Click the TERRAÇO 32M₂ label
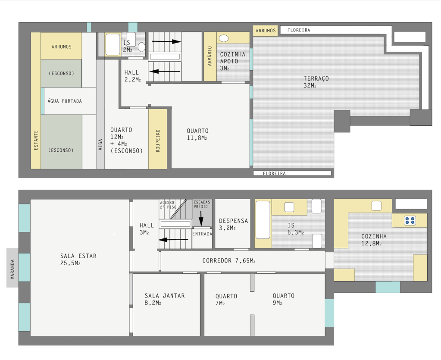pos(316,82)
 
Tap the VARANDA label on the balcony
pos(13,269)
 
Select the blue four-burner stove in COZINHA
pos(410,220)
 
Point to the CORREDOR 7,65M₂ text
pos(229,261)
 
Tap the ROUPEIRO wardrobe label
pos(158,141)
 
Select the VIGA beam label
pos(100,144)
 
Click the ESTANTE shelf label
pos(36,140)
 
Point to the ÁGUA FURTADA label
pos(65,101)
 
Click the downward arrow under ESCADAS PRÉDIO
pos(201,218)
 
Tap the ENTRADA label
pos(202,234)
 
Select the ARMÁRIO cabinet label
pos(210,56)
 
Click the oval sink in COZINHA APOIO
pos(224,38)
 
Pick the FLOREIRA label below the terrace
pos(274,173)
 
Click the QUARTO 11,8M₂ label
pos(197,134)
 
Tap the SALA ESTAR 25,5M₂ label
pos(78,259)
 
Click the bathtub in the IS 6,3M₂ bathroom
pos(263,219)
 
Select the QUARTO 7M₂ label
pos(226,300)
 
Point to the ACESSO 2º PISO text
pos(168,205)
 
